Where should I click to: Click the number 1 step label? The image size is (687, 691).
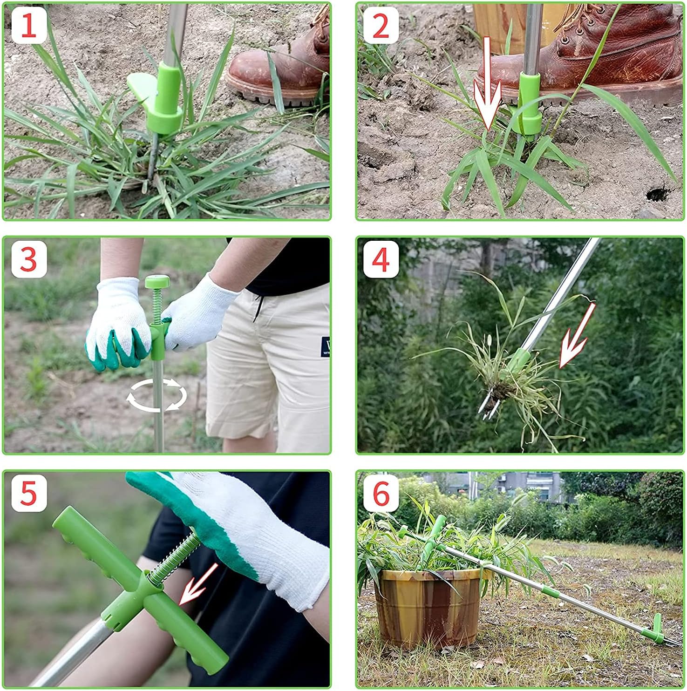[x=28, y=26]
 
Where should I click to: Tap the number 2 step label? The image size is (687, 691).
[x=381, y=26]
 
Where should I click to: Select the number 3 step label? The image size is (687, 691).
[x=28, y=259]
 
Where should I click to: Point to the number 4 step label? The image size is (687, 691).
[x=381, y=259]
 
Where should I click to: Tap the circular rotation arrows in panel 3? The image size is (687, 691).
[x=157, y=396]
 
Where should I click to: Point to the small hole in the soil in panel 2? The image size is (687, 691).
[x=657, y=193]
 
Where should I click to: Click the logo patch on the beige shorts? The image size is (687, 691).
[x=325, y=347]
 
